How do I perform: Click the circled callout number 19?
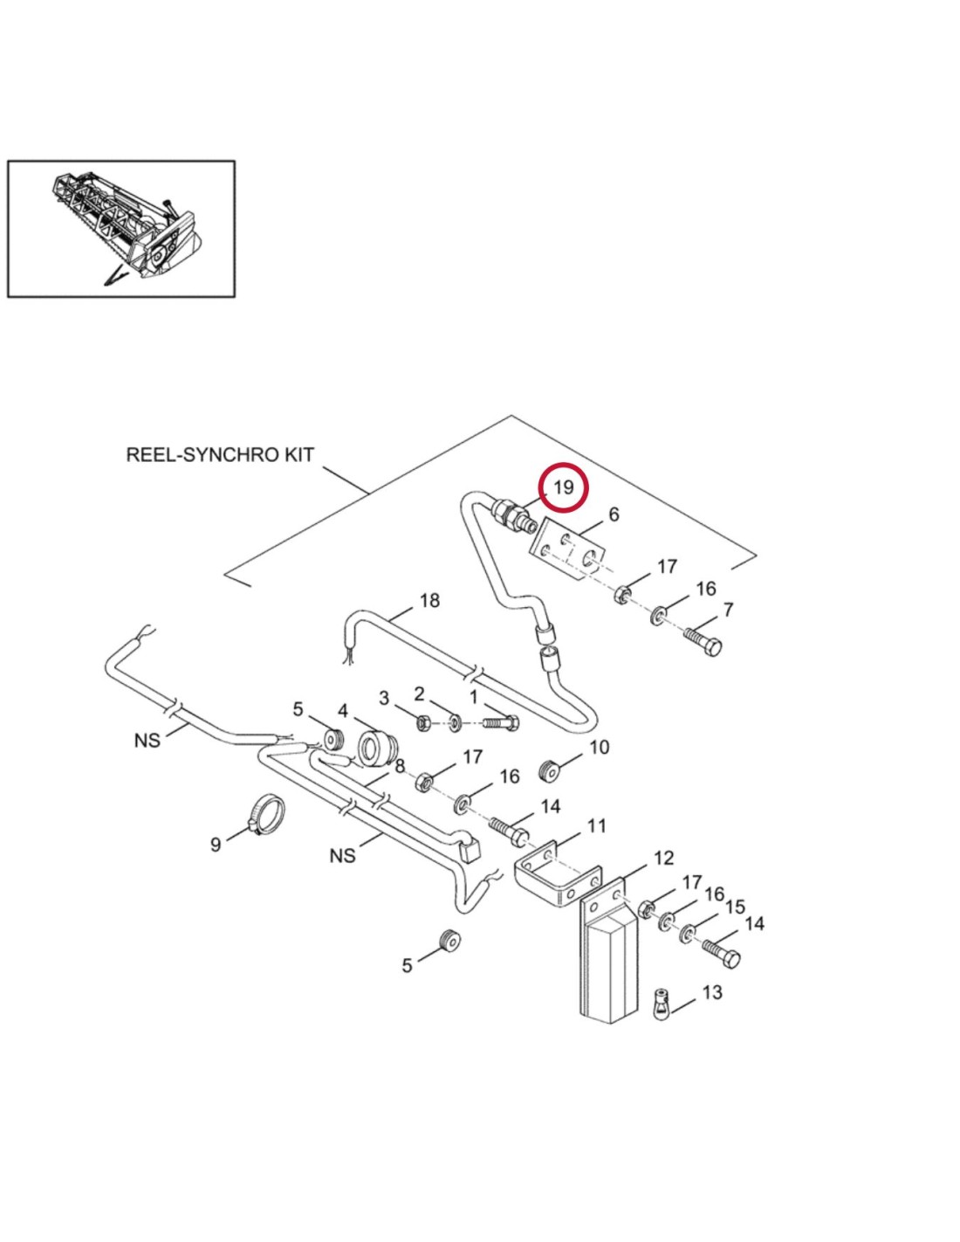tap(563, 486)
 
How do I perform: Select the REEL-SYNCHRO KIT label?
tap(220, 455)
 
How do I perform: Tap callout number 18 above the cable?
tap(429, 601)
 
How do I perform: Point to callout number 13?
tap(712, 993)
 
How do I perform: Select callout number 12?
tap(663, 858)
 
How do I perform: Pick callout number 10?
tap(599, 748)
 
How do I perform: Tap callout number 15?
tap(735, 907)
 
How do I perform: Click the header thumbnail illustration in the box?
tap(121, 229)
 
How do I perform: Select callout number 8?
tap(400, 767)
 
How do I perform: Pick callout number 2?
tap(419, 694)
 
